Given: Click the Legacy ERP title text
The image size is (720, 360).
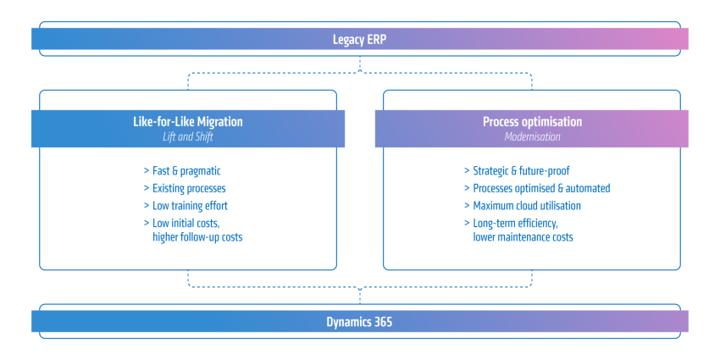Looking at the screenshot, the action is [359, 40].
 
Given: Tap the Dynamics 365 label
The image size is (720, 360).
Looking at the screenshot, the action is [359, 322].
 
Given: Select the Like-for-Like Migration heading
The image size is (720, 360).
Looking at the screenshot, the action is [188, 122].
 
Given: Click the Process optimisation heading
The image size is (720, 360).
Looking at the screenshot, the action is [532, 122].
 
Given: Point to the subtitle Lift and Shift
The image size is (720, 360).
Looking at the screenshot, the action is [188, 137].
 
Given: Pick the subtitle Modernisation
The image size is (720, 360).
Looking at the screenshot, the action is [532, 137].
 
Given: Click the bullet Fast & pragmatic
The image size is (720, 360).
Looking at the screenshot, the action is [186, 171].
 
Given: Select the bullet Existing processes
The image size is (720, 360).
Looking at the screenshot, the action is [189, 188].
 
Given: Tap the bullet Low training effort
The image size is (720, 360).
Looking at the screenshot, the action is [190, 206].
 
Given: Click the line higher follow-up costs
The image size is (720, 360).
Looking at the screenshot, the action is [197, 237].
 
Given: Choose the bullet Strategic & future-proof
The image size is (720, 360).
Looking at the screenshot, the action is [521, 171].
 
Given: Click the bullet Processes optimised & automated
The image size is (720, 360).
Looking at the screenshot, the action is [541, 188].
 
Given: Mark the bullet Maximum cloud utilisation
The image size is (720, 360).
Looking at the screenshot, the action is [527, 206].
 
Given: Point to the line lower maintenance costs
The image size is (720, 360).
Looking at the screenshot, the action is [523, 237].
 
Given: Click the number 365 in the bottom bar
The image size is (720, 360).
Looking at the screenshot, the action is [383, 322].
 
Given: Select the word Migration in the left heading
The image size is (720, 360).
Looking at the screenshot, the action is [219, 122].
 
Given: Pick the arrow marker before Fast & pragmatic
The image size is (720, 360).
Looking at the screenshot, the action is [147, 171].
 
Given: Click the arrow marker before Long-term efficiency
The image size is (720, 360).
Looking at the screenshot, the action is [467, 223].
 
